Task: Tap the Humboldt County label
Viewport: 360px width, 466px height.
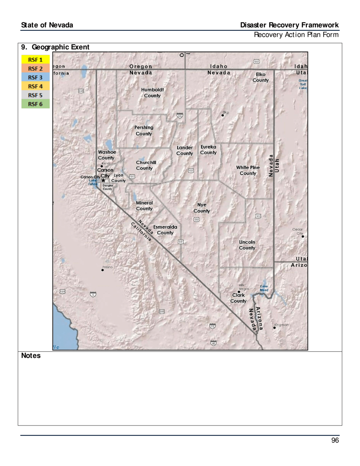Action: click(x=152, y=93)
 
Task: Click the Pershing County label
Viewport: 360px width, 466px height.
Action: click(x=144, y=131)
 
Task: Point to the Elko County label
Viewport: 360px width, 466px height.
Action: click(x=261, y=77)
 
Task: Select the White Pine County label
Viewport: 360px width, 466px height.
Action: click(x=248, y=170)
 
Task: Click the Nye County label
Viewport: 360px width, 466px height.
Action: click(x=202, y=208)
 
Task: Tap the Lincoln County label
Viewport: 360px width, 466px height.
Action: click(x=247, y=245)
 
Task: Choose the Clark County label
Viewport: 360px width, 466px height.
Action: click(x=238, y=298)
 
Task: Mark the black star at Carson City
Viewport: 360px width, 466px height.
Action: click(x=103, y=180)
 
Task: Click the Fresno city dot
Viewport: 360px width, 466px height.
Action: click(x=103, y=270)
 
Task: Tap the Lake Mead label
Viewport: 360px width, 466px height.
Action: click(x=264, y=288)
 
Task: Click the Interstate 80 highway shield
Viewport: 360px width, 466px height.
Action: click(x=180, y=116)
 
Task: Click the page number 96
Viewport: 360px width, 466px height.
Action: click(x=335, y=440)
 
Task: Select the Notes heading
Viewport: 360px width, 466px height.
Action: click(x=31, y=356)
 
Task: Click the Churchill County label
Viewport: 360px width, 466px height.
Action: click(x=146, y=165)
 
